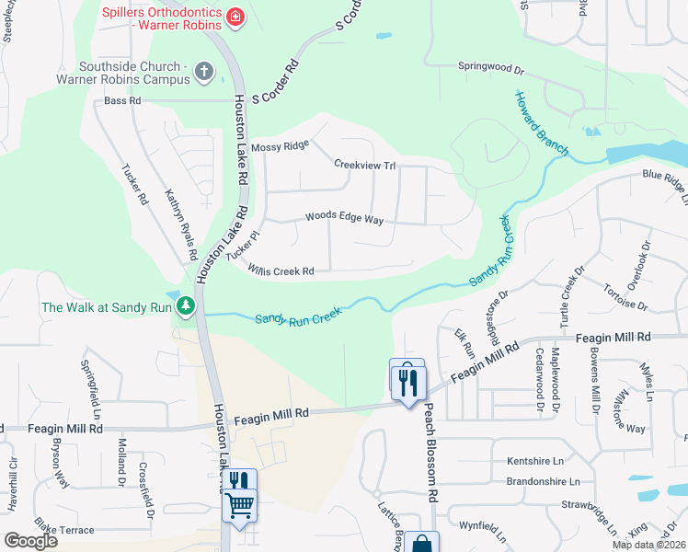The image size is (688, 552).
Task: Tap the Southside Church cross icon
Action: tap(204, 71)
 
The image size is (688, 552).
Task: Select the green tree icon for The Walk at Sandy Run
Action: tap(185, 305)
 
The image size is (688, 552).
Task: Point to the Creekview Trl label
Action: tap(364, 164)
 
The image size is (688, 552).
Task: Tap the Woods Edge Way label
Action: tap(344, 218)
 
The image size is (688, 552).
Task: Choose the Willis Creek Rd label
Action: tap(281, 270)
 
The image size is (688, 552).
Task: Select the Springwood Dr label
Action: tap(491, 67)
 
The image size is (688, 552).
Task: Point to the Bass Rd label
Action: tap(122, 100)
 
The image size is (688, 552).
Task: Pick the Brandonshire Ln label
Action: tap(544, 481)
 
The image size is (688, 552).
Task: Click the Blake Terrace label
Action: tap(64, 530)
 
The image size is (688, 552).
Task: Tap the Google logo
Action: tap(30, 541)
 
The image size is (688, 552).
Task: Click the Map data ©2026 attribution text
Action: tap(648, 545)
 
